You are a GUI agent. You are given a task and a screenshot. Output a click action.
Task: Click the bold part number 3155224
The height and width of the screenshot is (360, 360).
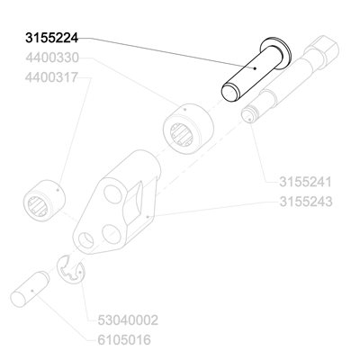(x=51, y=38)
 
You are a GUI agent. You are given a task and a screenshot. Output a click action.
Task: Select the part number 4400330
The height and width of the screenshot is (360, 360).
(x=52, y=58)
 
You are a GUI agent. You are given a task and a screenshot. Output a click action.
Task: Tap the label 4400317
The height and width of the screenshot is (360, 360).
(x=51, y=77)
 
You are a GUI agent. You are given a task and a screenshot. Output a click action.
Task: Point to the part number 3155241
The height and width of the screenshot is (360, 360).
(x=305, y=182)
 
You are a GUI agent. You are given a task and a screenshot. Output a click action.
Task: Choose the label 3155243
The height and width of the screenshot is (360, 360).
(x=306, y=202)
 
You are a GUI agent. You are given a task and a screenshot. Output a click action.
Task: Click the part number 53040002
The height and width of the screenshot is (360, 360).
(x=128, y=320)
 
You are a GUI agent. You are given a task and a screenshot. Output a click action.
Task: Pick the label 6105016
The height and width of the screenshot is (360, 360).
(x=124, y=340)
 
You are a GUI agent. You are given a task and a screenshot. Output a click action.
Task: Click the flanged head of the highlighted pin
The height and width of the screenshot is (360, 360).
(x=276, y=53)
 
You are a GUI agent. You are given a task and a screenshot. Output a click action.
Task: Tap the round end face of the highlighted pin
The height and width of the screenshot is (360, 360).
(x=229, y=93)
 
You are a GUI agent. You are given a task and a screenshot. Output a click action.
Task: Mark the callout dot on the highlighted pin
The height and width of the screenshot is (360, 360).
(x=255, y=68)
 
